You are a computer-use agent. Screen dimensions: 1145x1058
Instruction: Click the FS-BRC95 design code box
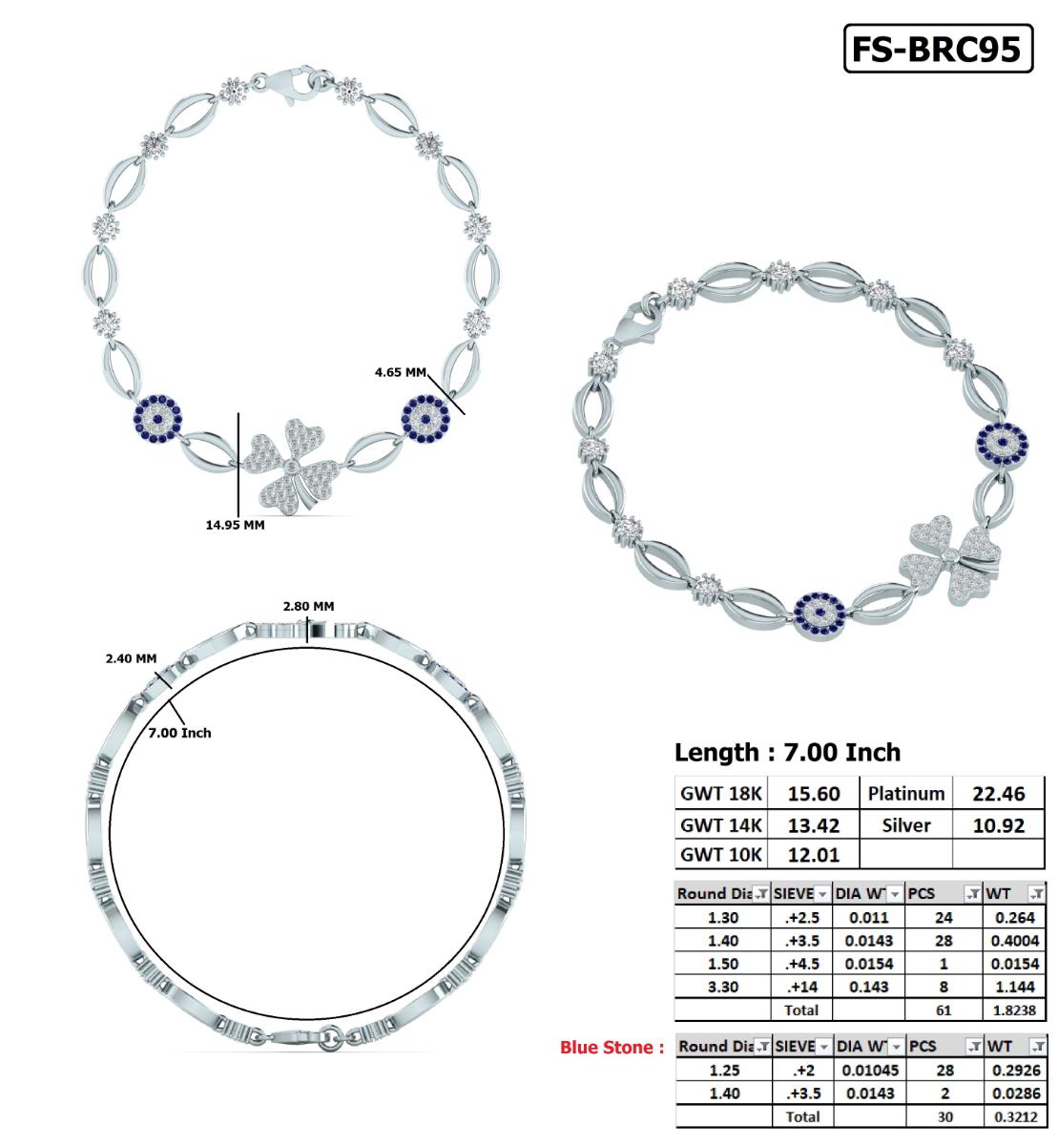pyautogui.click(x=938, y=49)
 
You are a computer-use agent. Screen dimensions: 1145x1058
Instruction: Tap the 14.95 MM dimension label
pyautogui.click(x=235, y=524)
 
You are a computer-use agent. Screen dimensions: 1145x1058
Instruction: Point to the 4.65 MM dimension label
pyautogui.click(x=400, y=372)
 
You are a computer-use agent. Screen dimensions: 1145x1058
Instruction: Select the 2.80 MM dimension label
pyautogui.click(x=308, y=606)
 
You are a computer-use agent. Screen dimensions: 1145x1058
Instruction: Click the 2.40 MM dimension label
pyautogui.click(x=131, y=658)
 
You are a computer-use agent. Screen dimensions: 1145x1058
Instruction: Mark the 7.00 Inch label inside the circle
pyautogui.click(x=180, y=733)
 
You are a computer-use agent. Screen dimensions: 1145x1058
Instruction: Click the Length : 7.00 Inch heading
pyautogui.click(x=787, y=752)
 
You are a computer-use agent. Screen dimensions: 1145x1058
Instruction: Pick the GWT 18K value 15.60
pyautogui.click(x=814, y=794)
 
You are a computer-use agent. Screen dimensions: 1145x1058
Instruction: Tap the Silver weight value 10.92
pyautogui.click(x=998, y=824)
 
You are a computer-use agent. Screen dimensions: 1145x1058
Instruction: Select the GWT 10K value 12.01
pyautogui.click(x=814, y=854)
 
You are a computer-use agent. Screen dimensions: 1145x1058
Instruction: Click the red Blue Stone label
pyautogui.click(x=612, y=1048)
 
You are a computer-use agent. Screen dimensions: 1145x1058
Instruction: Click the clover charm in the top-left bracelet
pyautogui.click(x=290, y=468)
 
